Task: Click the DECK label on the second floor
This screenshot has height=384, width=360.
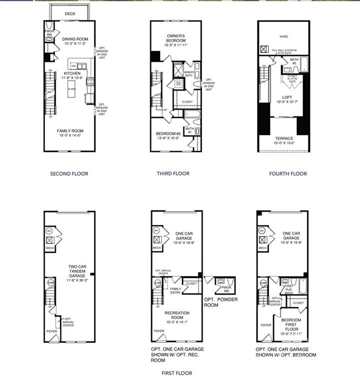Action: pos(70,14)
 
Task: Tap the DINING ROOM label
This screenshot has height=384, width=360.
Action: pos(74,38)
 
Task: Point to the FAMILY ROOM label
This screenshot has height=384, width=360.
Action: pos(70,130)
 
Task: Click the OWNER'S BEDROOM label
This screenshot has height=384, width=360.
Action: pos(176,38)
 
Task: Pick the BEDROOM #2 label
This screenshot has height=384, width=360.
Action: pos(168,133)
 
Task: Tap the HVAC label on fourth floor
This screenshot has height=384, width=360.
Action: pos(283,36)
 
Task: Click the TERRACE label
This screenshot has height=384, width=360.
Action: pos(283,138)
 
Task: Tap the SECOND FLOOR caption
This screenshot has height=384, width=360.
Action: pos(69,174)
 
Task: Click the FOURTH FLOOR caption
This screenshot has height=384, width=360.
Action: pos(288,174)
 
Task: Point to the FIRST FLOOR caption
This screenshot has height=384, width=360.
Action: pos(176,373)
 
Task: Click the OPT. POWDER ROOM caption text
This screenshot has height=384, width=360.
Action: pos(220,302)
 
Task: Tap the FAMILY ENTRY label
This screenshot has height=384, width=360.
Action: pos(175,291)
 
